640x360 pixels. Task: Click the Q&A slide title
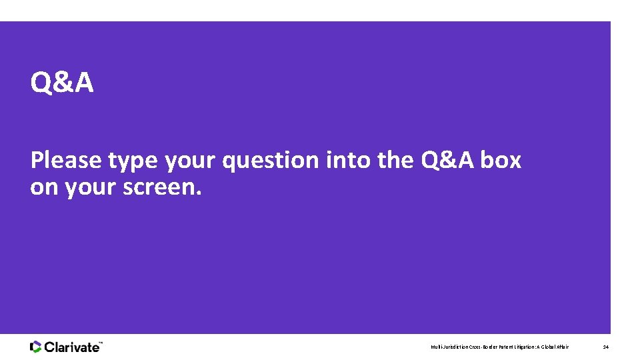pyautogui.click(x=62, y=83)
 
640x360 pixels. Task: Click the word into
pyautogui.click(x=346, y=161)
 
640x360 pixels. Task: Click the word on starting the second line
pyautogui.click(x=44, y=188)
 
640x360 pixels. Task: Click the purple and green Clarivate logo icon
pyautogui.click(x=36, y=347)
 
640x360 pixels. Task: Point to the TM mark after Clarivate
pyautogui.click(x=101, y=343)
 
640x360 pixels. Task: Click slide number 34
pyautogui.click(x=605, y=347)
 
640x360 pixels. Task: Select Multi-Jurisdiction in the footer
pyautogui.click(x=449, y=347)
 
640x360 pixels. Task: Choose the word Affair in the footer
pyautogui.click(x=565, y=347)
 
